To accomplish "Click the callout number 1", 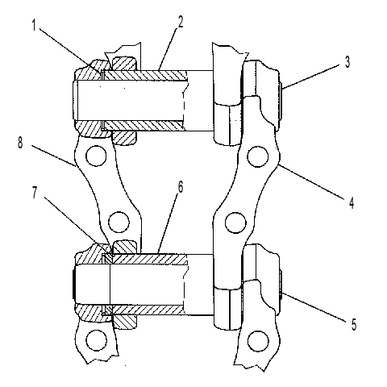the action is coord(34,25).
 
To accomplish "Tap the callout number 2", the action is coord(181,22).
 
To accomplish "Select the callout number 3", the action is coord(347,62).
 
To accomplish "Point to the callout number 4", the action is coord(352,202).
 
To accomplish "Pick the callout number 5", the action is coord(354,324).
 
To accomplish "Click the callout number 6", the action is coord(181,186).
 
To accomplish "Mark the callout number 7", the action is coord(35,193).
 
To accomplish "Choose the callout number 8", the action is coord(20,143).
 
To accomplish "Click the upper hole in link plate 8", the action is coord(96,156).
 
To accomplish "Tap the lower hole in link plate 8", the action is coord(119,223).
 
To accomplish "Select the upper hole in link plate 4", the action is coord(258,156).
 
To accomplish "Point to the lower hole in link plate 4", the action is coord(235,223).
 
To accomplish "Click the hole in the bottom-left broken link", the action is coord(96,340).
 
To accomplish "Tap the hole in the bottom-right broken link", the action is coord(258,341).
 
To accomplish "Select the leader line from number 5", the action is coord(314,307).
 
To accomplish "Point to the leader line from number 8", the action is coord(53,156).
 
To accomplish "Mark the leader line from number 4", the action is coord(312,181).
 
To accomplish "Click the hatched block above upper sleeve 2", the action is coord(124,64).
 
